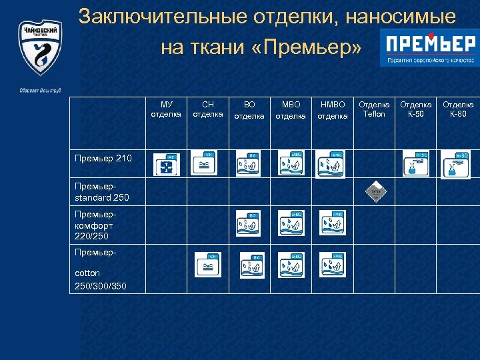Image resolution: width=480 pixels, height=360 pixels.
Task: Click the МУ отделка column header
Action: [166, 109]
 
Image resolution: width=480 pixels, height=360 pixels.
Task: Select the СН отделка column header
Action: [207, 109]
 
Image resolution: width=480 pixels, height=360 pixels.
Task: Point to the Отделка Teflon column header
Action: [374, 109]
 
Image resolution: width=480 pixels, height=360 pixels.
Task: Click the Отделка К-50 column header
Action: [415, 109]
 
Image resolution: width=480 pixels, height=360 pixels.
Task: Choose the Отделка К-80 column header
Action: [459, 109]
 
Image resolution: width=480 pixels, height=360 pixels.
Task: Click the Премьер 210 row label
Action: [94, 158]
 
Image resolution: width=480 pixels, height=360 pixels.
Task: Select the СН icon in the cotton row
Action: [207, 265]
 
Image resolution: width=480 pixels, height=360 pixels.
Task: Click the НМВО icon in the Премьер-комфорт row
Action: [332, 224]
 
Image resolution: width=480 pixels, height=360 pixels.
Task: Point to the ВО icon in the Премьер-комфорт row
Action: [249, 225]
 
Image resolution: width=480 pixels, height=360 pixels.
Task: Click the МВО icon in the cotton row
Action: [291, 265]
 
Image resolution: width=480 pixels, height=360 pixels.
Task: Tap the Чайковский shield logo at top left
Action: [40, 50]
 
